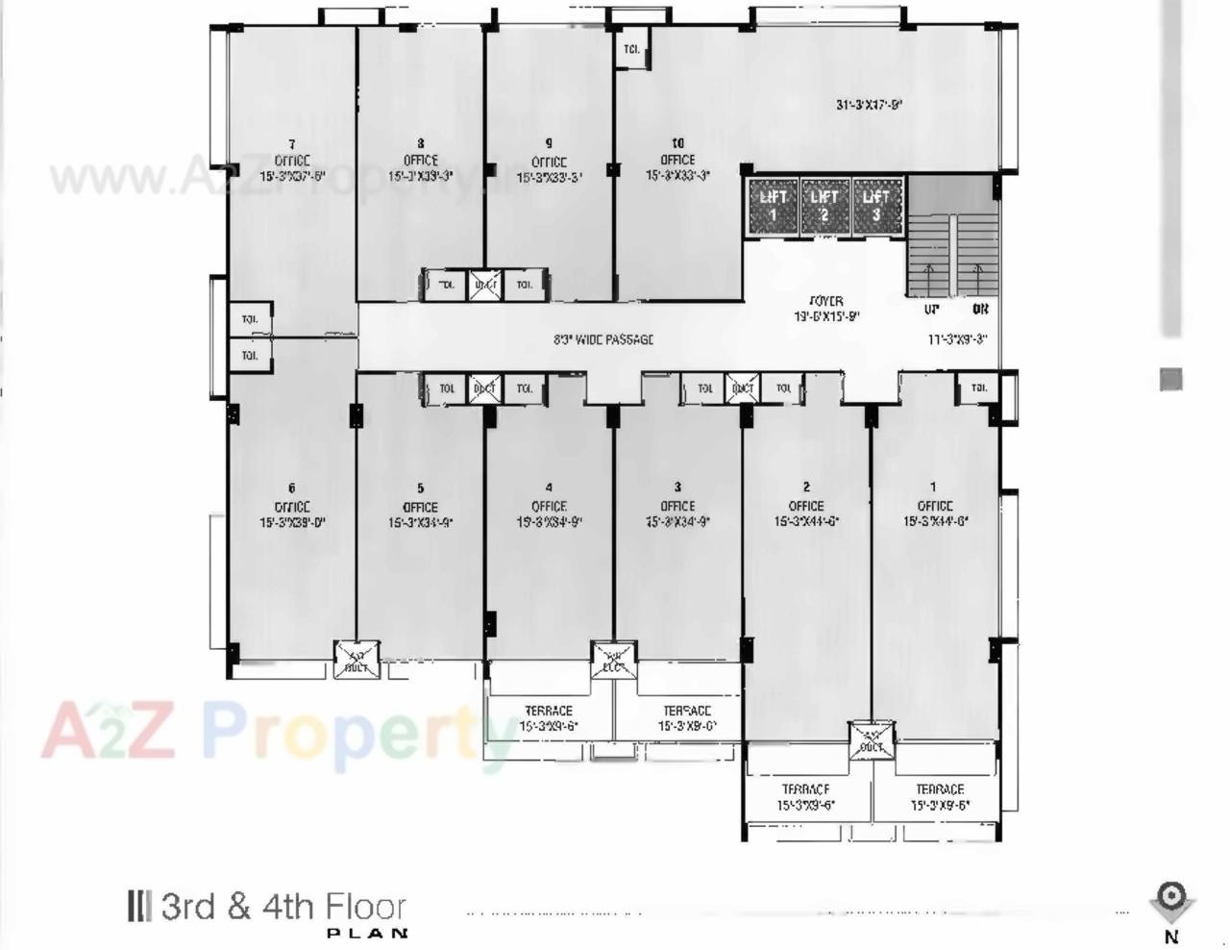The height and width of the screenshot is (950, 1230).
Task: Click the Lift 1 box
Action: (774, 205)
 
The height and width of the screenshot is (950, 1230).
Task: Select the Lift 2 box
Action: (824, 205)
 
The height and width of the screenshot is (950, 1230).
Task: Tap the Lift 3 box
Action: (875, 205)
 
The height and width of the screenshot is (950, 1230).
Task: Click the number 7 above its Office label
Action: (292, 144)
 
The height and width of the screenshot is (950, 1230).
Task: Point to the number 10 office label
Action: (677, 143)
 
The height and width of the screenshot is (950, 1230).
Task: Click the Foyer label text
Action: (825, 301)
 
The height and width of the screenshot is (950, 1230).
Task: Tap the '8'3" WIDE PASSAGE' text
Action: (603, 339)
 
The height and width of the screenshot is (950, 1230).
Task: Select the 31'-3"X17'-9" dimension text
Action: (869, 105)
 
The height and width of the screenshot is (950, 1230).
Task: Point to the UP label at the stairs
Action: (931, 310)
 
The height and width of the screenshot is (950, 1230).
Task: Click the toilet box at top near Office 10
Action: (632, 49)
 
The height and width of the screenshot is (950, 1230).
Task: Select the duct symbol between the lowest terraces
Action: (872, 741)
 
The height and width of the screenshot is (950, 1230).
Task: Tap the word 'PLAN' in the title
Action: (367, 933)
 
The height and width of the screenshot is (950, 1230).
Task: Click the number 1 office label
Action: (933, 487)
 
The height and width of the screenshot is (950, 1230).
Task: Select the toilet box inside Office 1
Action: (978, 388)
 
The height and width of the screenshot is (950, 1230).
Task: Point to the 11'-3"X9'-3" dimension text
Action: (957, 339)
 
